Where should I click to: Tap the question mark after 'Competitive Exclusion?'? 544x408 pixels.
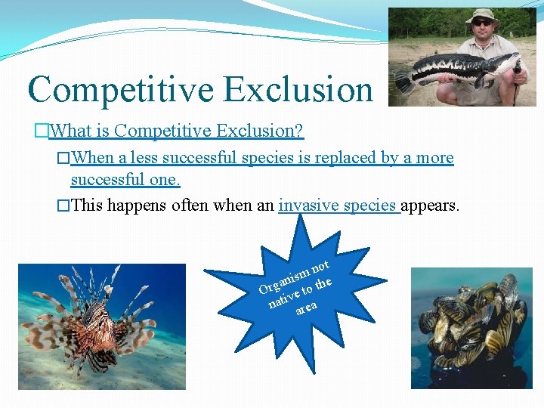[299, 131]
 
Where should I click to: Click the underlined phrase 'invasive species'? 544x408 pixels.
[338, 206]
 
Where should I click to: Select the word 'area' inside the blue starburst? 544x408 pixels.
[306, 308]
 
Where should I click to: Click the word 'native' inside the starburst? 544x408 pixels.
[283, 299]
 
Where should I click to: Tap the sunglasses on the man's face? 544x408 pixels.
[481, 23]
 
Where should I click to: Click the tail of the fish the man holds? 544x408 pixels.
[403, 80]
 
